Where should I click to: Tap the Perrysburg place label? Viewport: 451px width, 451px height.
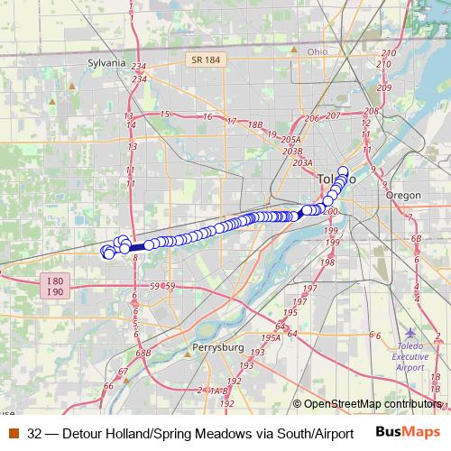click(x=218, y=347)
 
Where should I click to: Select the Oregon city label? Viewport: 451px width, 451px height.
click(x=402, y=195)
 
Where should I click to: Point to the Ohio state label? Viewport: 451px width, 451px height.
click(x=318, y=51)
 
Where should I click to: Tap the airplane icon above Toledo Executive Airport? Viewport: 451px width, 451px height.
click(x=412, y=334)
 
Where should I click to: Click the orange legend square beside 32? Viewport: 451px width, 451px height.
click(x=13, y=434)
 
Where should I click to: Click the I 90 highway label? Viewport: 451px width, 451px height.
click(x=54, y=292)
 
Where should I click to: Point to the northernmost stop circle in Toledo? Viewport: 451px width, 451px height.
click(x=343, y=170)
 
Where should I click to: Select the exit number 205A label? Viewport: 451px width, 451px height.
click(x=291, y=140)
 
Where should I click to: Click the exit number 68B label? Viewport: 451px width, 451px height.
click(x=143, y=354)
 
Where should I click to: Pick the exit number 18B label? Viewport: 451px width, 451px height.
click(x=255, y=125)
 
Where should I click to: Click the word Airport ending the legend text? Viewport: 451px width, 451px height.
click(x=329, y=434)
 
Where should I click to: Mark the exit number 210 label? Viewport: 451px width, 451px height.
click(x=389, y=53)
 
